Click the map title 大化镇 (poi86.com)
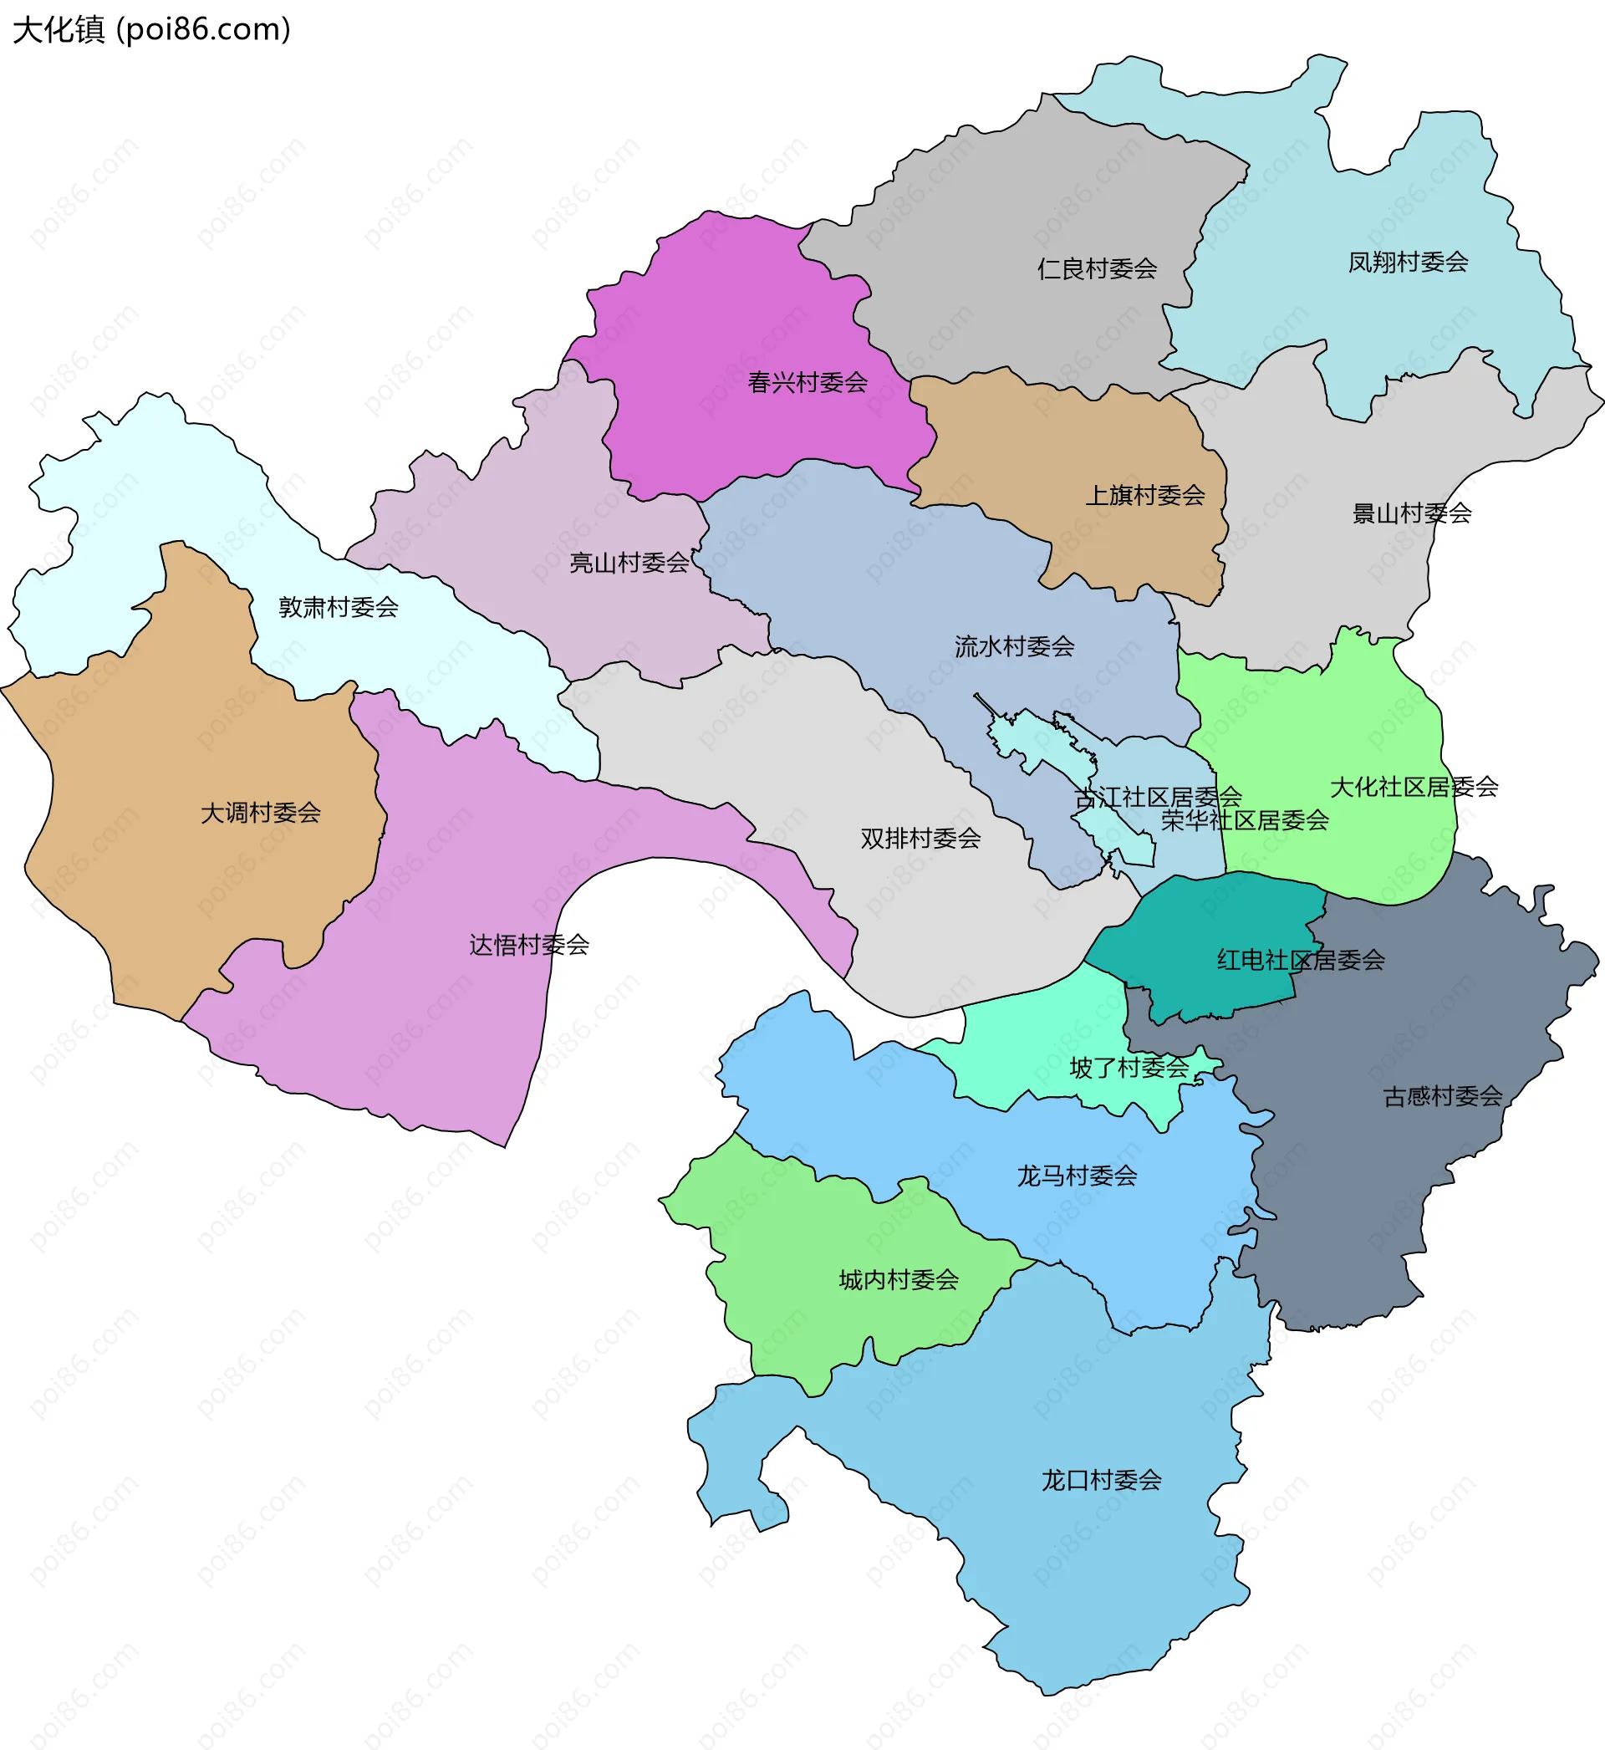(x=152, y=29)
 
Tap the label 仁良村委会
(x=1097, y=269)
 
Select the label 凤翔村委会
(x=1408, y=263)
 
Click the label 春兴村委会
(x=808, y=383)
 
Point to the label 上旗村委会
(x=1144, y=496)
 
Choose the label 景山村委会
(x=1411, y=514)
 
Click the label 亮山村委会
(x=629, y=564)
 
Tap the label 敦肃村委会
(x=338, y=608)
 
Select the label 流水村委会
(x=1015, y=647)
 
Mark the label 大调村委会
(x=261, y=814)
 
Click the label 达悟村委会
(x=529, y=946)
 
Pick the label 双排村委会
(x=920, y=839)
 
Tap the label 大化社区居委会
(x=1414, y=788)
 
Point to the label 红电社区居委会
(x=1300, y=961)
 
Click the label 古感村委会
(x=1443, y=1097)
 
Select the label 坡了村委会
(x=1129, y=1069)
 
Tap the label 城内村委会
(x=899, y=1280)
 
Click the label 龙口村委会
(x=1101, y=1481)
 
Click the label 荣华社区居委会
(x=1245, y=821)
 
